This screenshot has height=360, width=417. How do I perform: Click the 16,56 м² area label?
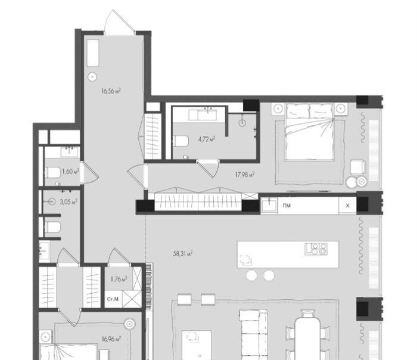pyautogui.click(x=111, y=91)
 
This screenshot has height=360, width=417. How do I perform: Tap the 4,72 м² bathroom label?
pyautogui.click(x=207, y=139)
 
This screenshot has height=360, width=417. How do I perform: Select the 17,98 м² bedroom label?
pyautogui.click(x=245, y=175)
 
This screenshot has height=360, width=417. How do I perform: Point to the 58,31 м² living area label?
pyautogui.click(x=183, y=253)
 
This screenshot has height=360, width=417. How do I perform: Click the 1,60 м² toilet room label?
pyautogui.click(x=71, y=171)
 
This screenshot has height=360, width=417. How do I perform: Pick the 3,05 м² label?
pyautogui.click(x=69, y=201)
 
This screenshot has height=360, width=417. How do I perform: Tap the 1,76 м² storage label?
pyautogui.click(x=119, y=279)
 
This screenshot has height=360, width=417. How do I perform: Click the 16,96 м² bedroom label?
pyautogui.click(x=111, y=339)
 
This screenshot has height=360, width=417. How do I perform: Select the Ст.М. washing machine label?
pyautogui.click(x=113, y=299)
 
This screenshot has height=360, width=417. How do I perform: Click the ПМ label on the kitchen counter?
pyautogui.click(x=287, y=206)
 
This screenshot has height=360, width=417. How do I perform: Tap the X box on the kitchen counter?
pyautogui.click(x=347, y=206)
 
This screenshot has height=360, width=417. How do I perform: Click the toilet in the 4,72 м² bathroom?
pyautogui.click(x=181, y=141)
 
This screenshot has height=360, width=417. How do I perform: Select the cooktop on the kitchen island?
pyautogui.click(x=316, y=249)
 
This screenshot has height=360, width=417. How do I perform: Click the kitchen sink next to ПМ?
pyautogui.click(x=269, y=205)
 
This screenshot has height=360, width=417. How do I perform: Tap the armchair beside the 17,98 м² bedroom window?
pyautogui.click(x=357, y=167)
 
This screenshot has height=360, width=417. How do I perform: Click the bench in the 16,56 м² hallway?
pyautogui.click(x=93, y=53)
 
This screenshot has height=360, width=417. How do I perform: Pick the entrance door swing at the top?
pyautogui.click(x=119, y=22)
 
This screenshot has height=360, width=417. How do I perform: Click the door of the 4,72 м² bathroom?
pyautogui.click(x=208, y=169)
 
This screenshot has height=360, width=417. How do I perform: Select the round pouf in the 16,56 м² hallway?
pyautogui.click(x=92, y=77)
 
